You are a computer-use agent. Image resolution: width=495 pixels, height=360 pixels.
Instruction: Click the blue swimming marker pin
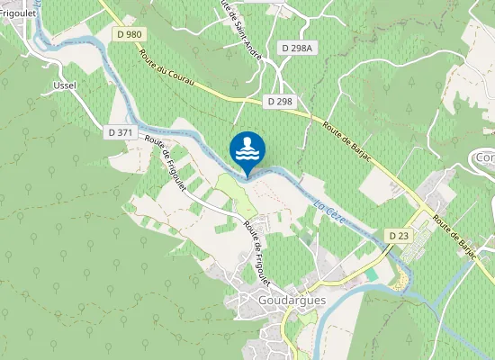(247, 148)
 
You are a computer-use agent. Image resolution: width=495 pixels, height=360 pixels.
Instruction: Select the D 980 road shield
(130, 34)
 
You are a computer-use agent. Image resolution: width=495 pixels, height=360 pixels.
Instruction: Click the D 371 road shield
(120, 132)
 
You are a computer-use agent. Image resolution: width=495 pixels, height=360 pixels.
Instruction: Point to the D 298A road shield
(296, 48)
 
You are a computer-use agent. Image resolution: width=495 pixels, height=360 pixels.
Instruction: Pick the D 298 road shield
(280, 102)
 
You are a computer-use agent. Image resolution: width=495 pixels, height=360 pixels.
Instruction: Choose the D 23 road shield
(399, 235)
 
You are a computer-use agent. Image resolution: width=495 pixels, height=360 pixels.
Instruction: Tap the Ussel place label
(65, 85)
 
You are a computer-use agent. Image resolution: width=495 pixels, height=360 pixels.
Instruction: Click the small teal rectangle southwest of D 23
(372, 273)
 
